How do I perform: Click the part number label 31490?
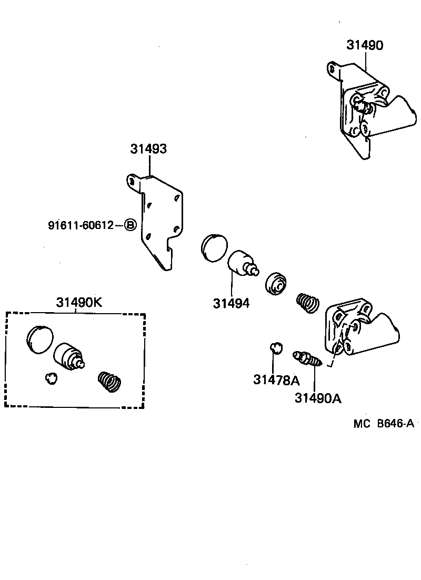pyautogui.click(x=364, y=45)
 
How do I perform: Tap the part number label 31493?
pyautogui.click(x=148, y=149)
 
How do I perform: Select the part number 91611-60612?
pyautogui.click(x=81, y=225)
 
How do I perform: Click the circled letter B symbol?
pyautogui.click(x=130, y=226)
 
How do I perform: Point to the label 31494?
pyautogui.click(x=231, y=303)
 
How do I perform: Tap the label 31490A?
pyautogui.click(x=317, y=398)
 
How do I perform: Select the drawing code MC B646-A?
pyautogui.click(x=383, y=424)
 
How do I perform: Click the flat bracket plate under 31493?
pyautogui.click(x=158, y=221)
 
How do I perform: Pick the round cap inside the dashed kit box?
pyautogui.click(x=40, y=338)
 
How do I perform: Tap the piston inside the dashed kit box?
pyautogui.click(x=69, y=356)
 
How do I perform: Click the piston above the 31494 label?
pyautogui.click(x=242, y=263)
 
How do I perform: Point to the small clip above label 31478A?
pyautogui.click(x=276, y=347)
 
